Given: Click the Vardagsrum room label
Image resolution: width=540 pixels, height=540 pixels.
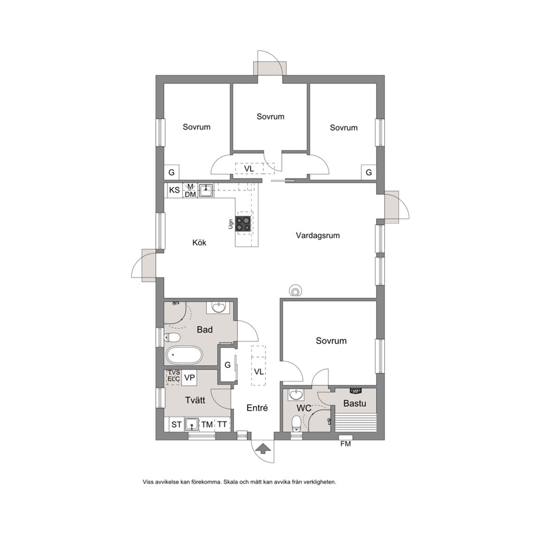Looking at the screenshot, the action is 317,236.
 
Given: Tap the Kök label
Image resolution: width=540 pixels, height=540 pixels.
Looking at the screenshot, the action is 199,243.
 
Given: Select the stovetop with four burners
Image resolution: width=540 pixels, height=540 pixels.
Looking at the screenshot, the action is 243,223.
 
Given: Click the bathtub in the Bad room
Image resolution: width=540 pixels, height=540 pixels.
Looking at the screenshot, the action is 184,355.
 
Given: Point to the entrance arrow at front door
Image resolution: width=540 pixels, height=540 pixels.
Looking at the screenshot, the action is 263,449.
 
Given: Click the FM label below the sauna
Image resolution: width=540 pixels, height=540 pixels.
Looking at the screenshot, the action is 346,444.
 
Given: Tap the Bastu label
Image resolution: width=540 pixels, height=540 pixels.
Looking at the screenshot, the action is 354,403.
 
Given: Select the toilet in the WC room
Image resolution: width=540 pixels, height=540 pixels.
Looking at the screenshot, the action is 296,424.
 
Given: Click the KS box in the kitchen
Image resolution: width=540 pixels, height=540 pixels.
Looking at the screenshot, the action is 174,190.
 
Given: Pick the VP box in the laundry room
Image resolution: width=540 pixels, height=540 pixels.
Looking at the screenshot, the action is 189,378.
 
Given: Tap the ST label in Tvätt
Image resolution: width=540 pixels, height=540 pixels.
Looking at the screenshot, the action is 176,425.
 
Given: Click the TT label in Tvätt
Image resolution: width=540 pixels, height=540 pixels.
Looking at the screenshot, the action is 222,425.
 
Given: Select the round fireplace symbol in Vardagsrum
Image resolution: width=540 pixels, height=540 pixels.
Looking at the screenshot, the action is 295,291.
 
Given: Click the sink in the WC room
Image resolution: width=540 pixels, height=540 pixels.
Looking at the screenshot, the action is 296,395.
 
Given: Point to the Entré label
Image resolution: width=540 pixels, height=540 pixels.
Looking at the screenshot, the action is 257,408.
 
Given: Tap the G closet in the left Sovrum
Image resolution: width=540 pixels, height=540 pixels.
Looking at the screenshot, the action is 171,172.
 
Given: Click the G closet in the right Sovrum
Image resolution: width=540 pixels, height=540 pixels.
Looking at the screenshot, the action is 369,172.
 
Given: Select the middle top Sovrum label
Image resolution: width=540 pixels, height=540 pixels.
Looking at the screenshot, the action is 271,116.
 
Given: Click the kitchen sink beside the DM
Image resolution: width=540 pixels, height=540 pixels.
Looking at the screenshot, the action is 206,191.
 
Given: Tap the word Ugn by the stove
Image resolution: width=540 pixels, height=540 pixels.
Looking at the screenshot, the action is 230,224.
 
